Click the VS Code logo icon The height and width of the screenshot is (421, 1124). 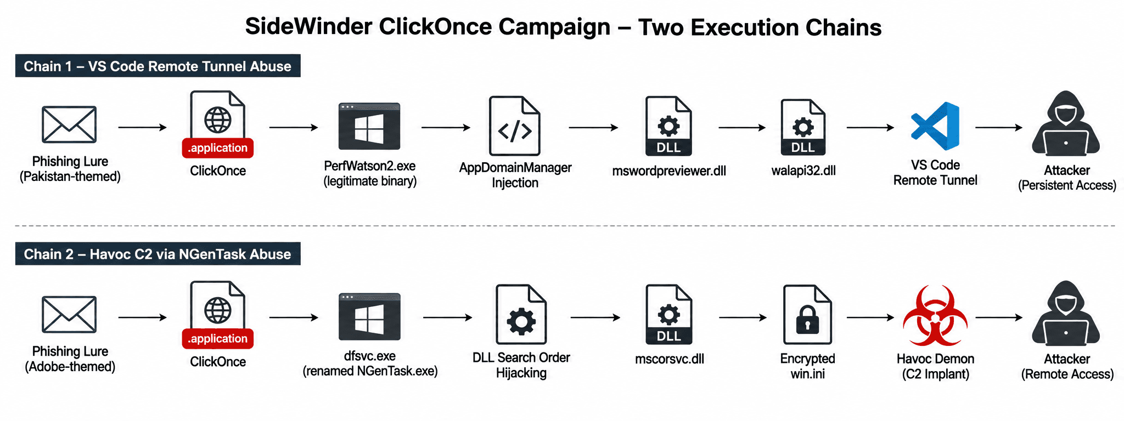point(935,126)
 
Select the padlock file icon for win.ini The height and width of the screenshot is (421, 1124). point(807,314)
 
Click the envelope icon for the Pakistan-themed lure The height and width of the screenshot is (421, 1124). point(69,124)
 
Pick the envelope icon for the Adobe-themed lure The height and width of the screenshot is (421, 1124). point(69,314)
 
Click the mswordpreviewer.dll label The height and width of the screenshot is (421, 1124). point(669,171)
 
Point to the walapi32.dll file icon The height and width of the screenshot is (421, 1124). point(803,127)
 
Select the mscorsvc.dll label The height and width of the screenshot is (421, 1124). point(670,359)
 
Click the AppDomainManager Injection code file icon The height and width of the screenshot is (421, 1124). point(514,126)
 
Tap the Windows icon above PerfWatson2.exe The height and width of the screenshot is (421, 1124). point(369,126)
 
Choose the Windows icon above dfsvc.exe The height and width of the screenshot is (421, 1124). point(369,316)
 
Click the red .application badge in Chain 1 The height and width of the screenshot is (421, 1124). point(218,148)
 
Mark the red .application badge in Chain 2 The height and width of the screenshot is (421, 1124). point(218,339)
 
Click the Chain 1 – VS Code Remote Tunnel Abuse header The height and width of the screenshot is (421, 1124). point(158,66)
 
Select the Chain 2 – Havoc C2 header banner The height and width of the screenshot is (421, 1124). point(158,254)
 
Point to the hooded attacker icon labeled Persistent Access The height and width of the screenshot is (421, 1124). point(1066,123)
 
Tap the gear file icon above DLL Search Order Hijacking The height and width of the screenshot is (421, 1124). point(521,314)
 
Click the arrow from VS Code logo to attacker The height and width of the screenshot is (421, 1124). point(999,128)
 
